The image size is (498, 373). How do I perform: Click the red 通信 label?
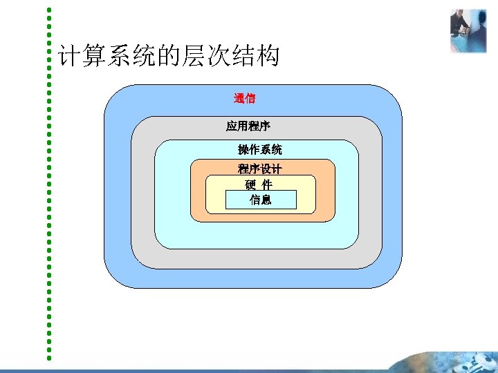point(245,98)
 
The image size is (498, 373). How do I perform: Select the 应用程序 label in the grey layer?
point(248,126)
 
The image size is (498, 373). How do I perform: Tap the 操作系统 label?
point(259,149)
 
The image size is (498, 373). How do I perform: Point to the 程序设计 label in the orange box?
point(259,169)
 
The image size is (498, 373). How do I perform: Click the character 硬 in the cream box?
point(250,185)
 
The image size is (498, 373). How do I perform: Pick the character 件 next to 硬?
point(267,185)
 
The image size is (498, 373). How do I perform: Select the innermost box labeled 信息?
point(261,200)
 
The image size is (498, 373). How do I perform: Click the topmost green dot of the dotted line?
point(49,10)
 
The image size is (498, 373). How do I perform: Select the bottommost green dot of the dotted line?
point(49,358)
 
